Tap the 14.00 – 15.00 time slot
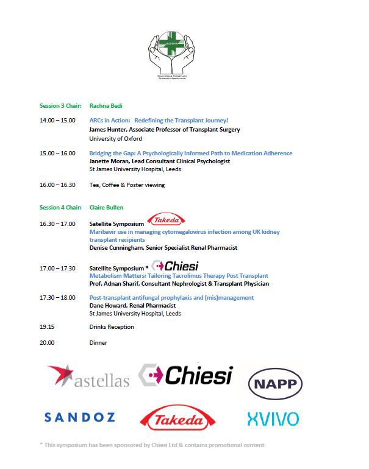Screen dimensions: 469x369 [x=57, y=121]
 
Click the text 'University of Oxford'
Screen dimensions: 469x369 [x=115, y=138]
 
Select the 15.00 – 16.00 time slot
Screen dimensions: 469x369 [x=57, y=153]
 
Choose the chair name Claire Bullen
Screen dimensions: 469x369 [x=107, y=208]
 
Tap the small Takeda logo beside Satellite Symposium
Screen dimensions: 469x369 [x=167, y=220]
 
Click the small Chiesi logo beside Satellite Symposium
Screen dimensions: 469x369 [x=176, y=266]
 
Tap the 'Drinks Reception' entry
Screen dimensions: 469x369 [x=112, y=327]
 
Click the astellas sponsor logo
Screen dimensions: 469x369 [x=88, y=376]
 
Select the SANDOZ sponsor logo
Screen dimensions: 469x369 [x=79, y=417]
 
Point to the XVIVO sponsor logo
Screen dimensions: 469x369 [x=273, y=419]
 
